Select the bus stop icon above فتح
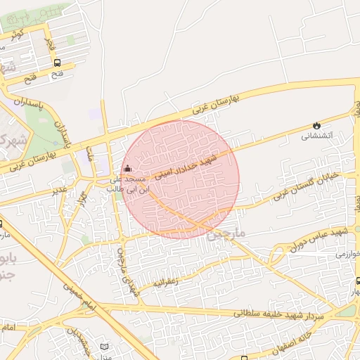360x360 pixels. click(x=57, y=63)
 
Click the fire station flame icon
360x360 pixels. click(x=316, y=124)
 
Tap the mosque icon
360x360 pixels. click(x=127, y=169)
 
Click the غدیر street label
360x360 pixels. click(x=60, y=190)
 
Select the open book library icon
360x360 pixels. click(x=105, y=347)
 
